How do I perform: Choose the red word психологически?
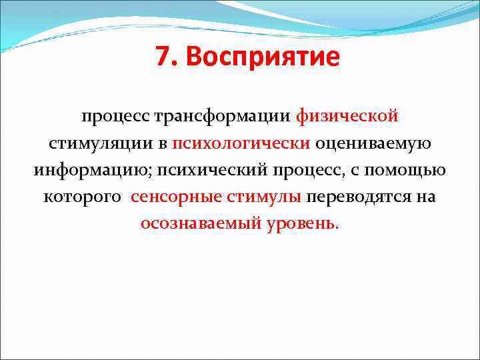(241, 143)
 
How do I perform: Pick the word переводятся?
(360, 197)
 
